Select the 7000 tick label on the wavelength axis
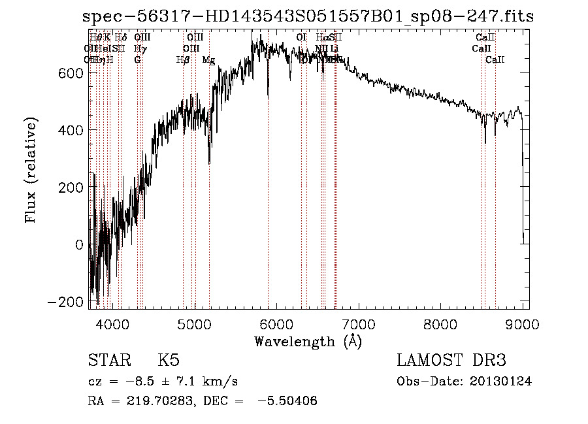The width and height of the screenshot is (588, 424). (359, 323)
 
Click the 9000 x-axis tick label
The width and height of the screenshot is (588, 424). (523, 323)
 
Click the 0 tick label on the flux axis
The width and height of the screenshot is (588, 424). (79, 245)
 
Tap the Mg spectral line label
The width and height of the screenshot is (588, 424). (208, 60)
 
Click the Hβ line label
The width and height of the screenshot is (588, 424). (183, 60)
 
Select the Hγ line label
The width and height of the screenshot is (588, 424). (139, 48)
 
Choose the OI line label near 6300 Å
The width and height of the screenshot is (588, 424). (301, 38)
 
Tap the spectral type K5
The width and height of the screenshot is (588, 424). (169, 361)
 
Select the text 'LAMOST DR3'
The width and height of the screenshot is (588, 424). (451, 361)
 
